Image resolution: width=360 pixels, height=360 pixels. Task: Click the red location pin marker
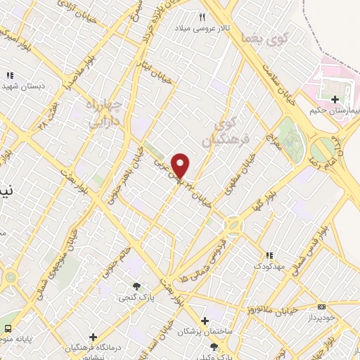181,165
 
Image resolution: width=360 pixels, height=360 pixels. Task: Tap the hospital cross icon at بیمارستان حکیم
335,100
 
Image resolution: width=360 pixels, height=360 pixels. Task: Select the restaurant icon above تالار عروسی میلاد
202,17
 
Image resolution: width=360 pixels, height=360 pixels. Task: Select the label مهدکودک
269,266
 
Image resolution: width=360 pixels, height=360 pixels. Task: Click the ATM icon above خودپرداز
321,307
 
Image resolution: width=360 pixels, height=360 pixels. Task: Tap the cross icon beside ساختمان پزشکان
205,321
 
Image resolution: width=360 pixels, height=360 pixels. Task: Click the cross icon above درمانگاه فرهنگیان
93,337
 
